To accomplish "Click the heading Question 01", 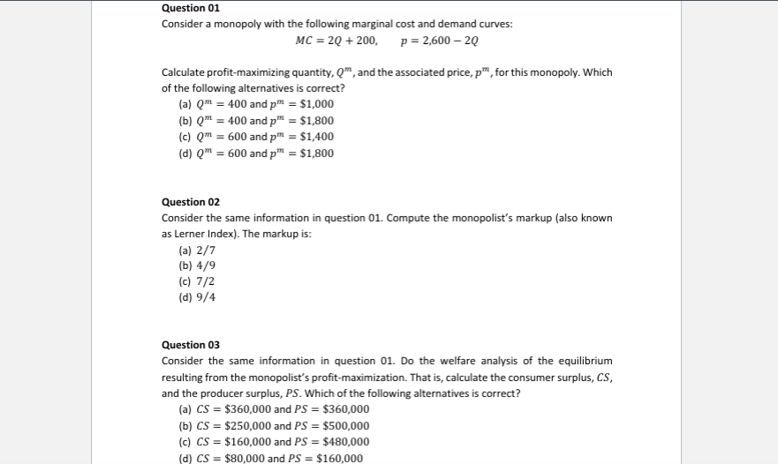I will point(191,8).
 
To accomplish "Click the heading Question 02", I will point(191,202).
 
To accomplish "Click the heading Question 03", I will point(191,345).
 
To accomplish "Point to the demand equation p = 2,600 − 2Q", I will point(441,41).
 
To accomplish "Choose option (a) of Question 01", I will point(256,104).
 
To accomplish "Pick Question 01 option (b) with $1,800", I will point(256,121).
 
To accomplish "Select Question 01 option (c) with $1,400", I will point(256,137).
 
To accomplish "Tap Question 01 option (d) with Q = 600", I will point(256,153).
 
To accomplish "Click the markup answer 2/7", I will point(197,251).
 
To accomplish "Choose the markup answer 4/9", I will point(197,266).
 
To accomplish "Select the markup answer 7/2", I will point(197,281).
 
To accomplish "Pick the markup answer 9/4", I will point(197,297).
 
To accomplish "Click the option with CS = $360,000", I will point(274,409).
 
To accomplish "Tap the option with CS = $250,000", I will point(274,426).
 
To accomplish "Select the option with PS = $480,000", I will point(274,442).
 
